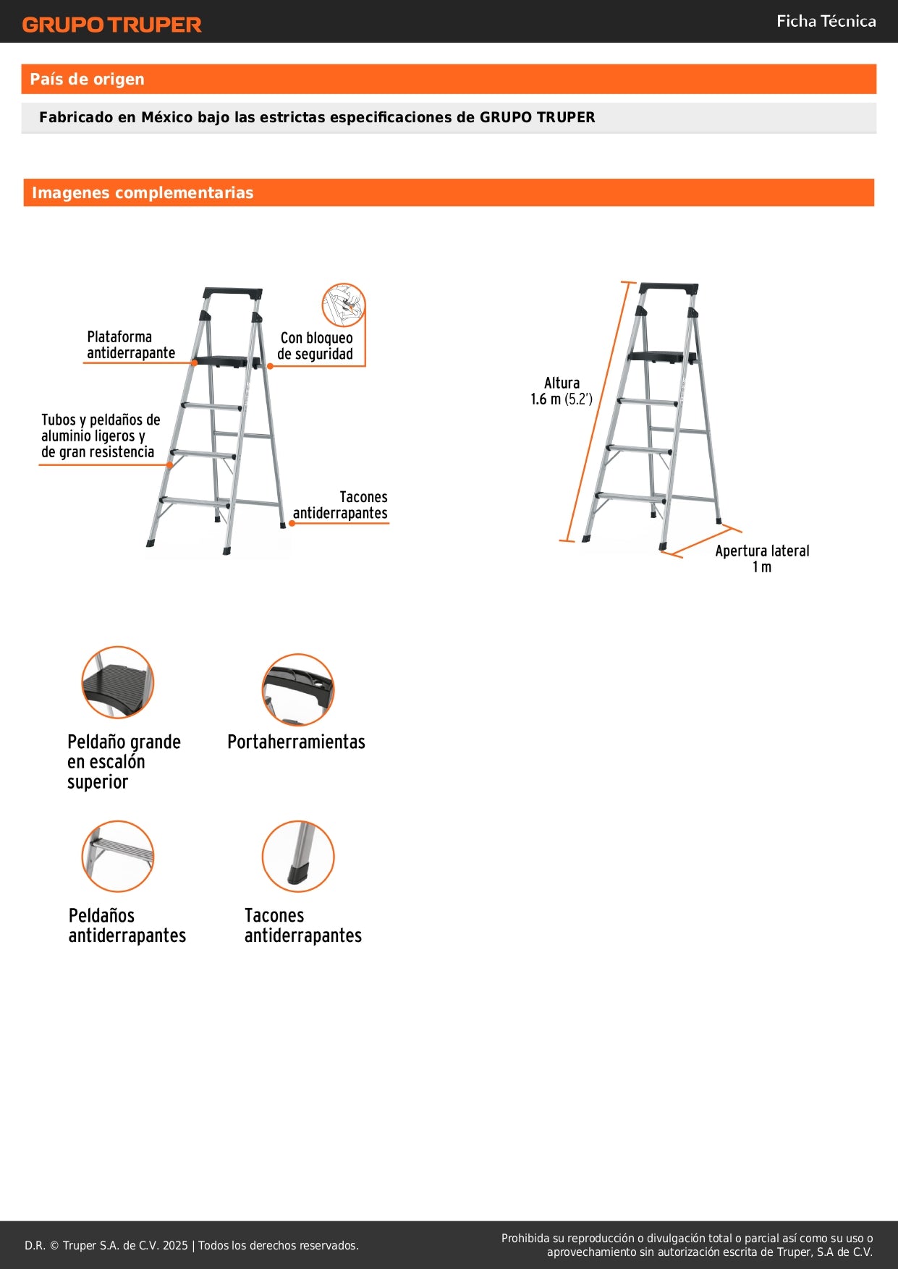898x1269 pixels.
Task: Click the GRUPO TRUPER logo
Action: tap(111, 25)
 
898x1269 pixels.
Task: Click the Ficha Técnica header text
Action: tap(826, 22)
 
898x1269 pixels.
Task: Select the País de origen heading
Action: tap(87, 80)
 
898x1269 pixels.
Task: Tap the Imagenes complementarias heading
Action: tap(143, 193)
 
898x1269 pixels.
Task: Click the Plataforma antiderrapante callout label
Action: tap(130, 345)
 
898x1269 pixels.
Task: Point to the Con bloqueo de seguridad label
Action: tap(315, 346)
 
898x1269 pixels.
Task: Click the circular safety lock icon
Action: tap(343, 305)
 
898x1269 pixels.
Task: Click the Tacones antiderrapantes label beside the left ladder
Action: tap(341, 505)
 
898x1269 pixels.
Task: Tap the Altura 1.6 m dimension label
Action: tap(562, 391)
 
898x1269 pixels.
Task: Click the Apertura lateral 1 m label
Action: tap(762, 559)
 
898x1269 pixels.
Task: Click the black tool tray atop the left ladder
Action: tap(232, 293)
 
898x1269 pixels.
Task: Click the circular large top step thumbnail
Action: tap(117, 682)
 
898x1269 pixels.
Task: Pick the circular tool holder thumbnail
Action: tap(298, 689)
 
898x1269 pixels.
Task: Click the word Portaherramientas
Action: tap(296, 742)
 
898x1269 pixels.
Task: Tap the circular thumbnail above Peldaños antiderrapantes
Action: tap(117, 857)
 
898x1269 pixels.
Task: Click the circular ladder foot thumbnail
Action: tap(298, 857)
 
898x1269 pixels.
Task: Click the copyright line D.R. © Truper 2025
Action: tap(192, 1245)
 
